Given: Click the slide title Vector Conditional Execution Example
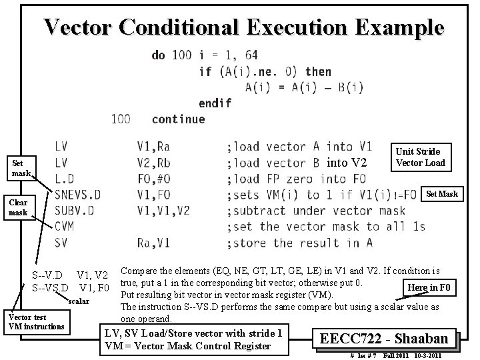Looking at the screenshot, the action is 243,27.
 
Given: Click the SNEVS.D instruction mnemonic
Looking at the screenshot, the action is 77,195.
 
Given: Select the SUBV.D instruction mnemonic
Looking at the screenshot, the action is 74,211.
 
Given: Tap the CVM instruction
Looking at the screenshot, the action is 65,227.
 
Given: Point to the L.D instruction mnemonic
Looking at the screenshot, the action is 65,179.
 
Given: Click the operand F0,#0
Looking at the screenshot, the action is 159,179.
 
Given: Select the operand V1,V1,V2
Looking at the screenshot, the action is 164,211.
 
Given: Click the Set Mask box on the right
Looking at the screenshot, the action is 442,194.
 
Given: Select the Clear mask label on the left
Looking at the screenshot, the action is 18,207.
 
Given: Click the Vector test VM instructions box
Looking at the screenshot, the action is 35,322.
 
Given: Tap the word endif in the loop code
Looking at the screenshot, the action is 215,103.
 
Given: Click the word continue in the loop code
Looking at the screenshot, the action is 178,119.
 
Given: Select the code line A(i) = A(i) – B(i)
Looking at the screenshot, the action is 304,87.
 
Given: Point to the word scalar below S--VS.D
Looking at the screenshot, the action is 81,301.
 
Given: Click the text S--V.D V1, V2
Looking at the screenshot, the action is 70,275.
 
